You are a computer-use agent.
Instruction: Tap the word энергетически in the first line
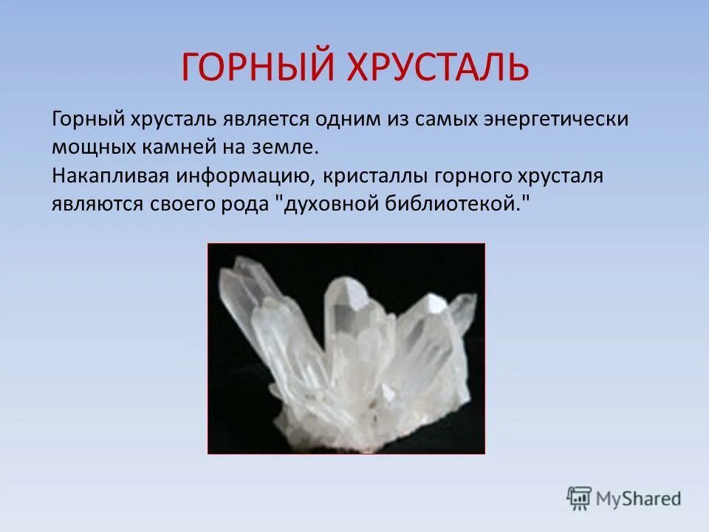pyautogui.click(x=564, y=119)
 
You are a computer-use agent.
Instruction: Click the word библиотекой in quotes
pyautogui.click(x=454, y=204)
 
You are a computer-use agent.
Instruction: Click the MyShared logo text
pyautogui.click(x=640, y=498)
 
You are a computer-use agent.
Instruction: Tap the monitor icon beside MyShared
pyautogui.click(x=579, y=498)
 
